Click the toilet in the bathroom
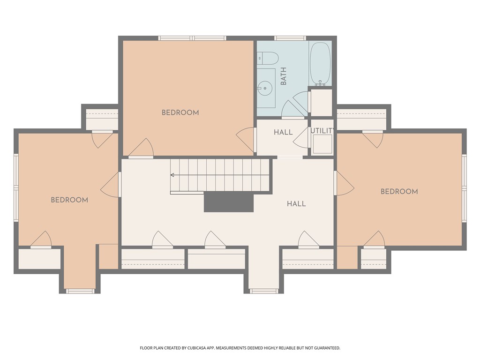click(268, 58)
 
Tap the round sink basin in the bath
click(264, 89)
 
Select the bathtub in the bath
click(320, 64)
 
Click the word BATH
click(284, 76)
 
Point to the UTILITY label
click(322, 131)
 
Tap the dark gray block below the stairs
click(229, 202)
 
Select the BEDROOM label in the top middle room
click(180, 112)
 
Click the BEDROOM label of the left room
click(69, 200)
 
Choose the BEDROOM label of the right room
click(399, 192)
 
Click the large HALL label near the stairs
click(296, 203)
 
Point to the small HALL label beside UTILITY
click(283, 132)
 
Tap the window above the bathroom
click(290, 38)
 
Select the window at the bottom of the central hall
click(264, 291)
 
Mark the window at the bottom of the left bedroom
click(81, 291)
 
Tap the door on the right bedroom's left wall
click(344, 183)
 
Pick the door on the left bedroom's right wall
click(110, 185)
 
